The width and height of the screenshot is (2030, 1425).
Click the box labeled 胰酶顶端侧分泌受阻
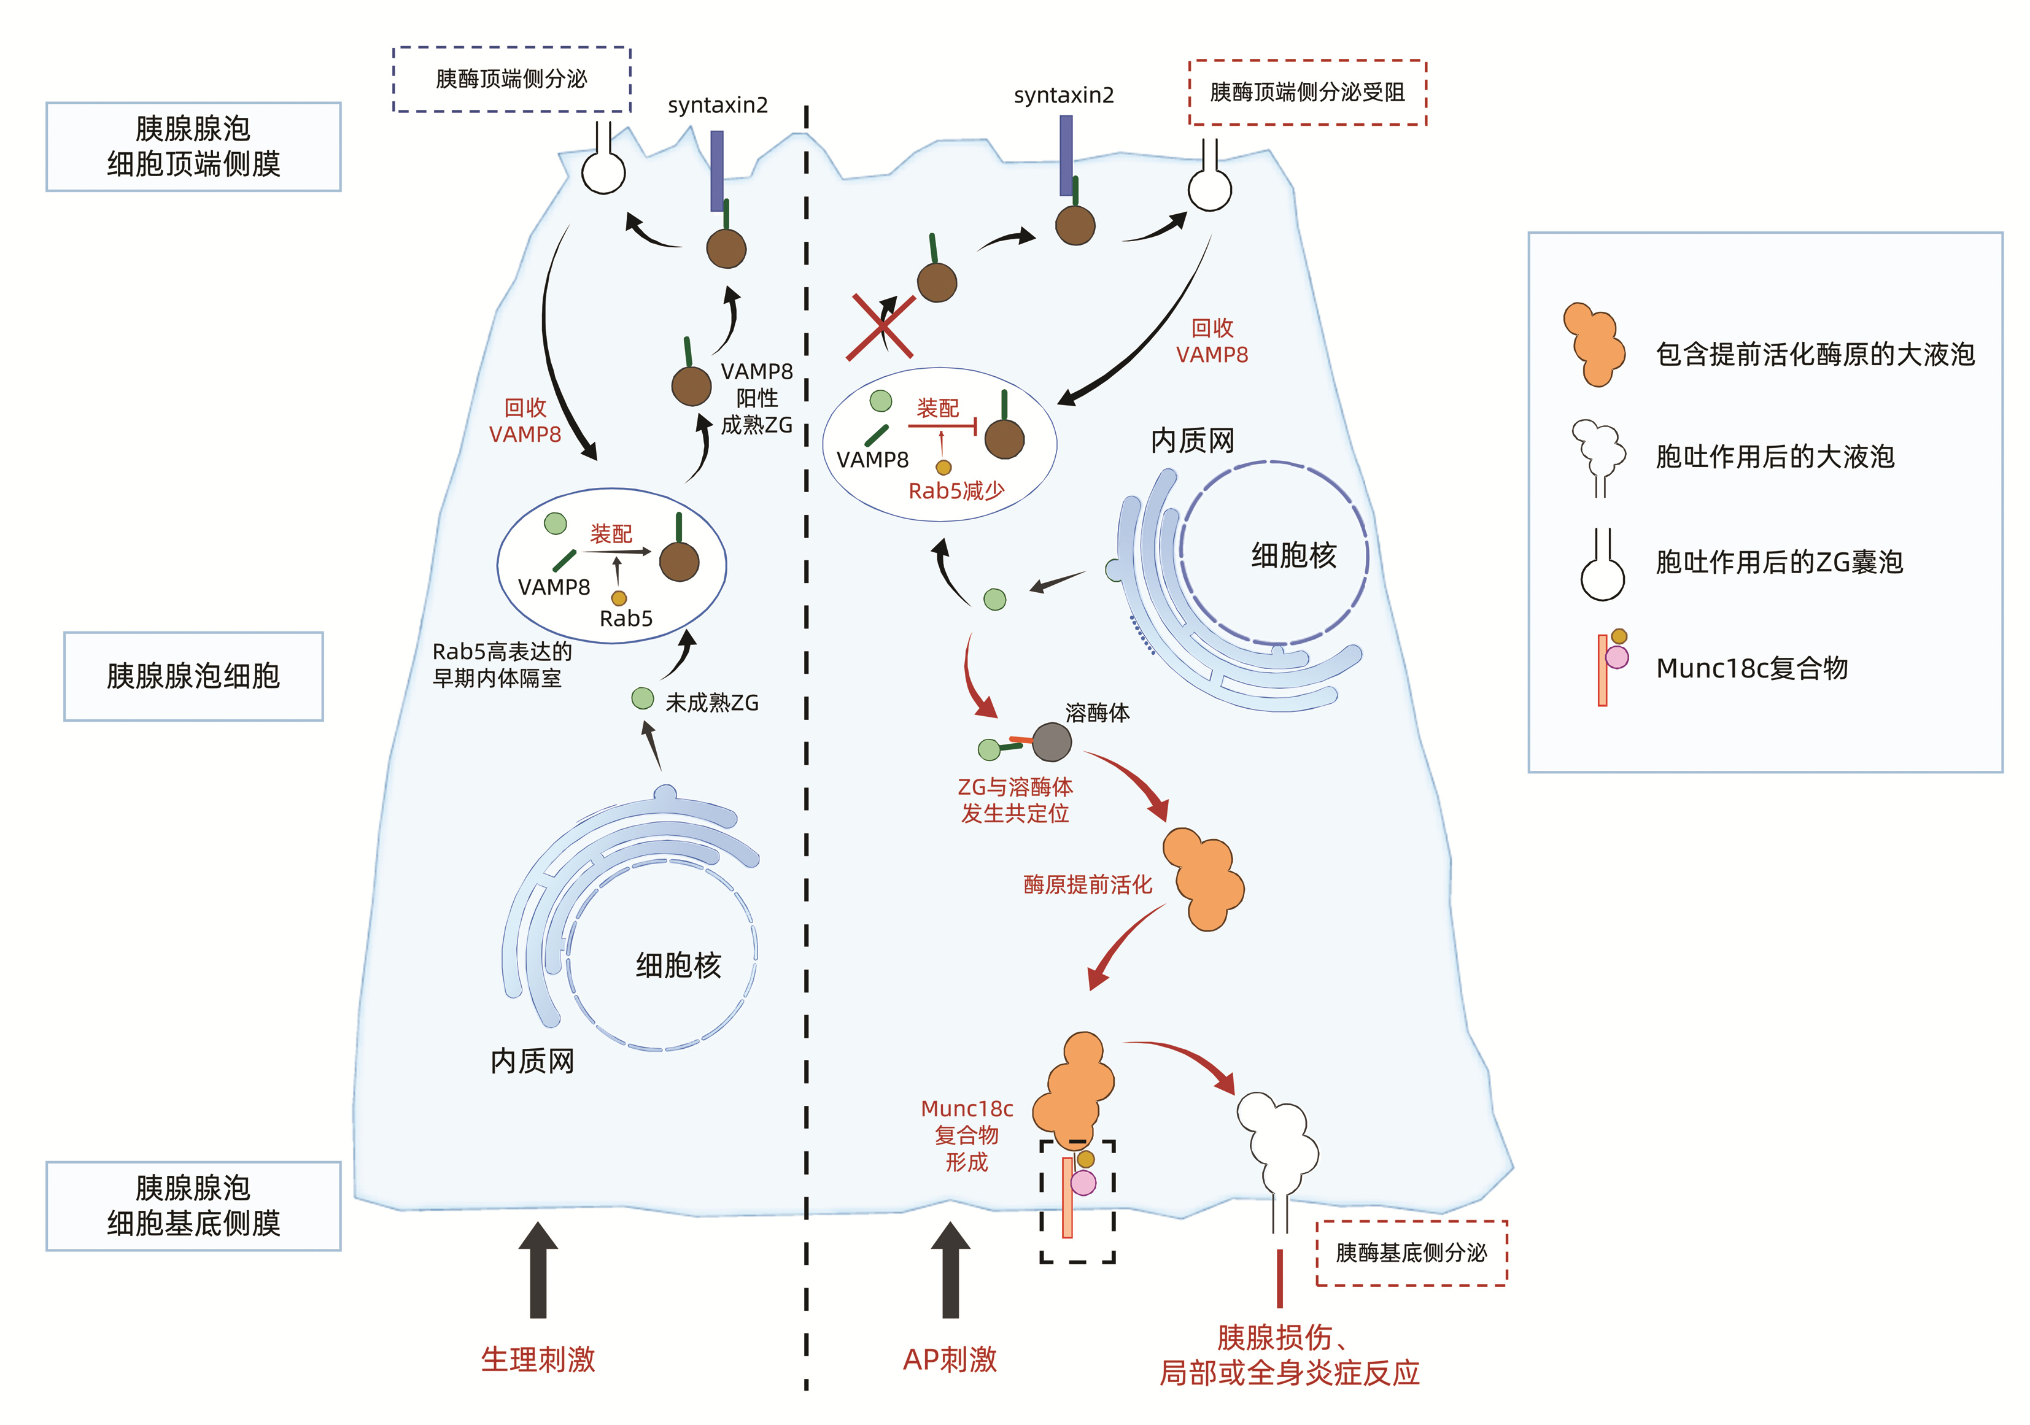1307,93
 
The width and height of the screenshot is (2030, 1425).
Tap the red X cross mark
881,327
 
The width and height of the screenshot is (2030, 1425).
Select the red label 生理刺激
538,1359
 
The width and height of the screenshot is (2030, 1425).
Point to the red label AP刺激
950,1359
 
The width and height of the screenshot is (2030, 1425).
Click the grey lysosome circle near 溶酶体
1052,742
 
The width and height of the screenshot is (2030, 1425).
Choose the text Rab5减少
956,490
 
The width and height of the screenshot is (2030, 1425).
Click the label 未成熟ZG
711,703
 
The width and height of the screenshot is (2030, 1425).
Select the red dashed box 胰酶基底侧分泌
1411,1253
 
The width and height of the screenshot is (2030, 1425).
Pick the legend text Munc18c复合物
1751,668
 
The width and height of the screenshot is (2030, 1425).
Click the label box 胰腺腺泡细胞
193,676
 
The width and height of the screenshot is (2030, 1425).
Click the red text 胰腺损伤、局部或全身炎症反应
1288,1355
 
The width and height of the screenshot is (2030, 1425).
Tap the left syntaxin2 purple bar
717,171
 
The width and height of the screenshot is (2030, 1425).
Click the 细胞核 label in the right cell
1293,555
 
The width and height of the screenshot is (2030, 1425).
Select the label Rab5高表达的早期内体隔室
502,665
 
